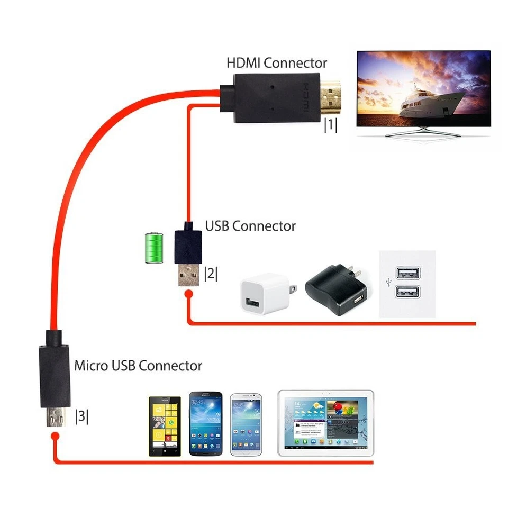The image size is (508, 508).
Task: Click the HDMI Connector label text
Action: (277, 63)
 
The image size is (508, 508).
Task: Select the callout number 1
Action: (331, 125)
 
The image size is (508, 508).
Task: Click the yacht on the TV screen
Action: (429, 103)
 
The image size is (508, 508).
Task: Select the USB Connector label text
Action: (250, 226)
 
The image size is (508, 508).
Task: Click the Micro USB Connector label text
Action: (138, 365)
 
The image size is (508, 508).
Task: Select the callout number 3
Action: (81, 416)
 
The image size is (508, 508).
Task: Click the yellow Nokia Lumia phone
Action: (164, 425)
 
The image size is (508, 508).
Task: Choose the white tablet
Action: (325, 423)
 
